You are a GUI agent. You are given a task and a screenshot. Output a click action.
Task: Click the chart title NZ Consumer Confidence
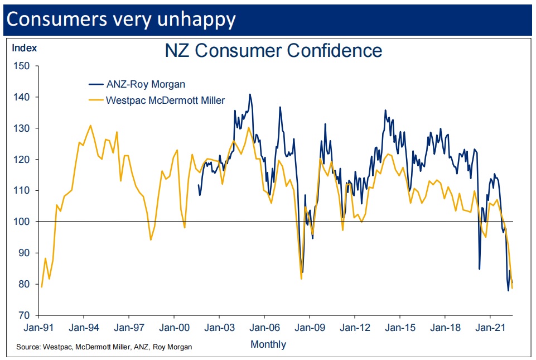click(x=273, y=51)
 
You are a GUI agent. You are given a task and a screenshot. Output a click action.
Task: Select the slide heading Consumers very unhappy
click(x=121, y=19)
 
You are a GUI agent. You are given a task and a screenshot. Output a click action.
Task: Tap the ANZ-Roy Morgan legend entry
click(x=145, y=84)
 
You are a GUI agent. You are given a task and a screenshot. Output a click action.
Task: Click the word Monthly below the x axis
click(x=268, y=344)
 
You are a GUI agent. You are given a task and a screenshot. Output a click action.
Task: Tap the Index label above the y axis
click(x=25, y=48)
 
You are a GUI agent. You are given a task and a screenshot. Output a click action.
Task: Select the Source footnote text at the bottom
click(x=104, y=347)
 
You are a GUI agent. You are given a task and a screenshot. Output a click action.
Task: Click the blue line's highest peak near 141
click(x=250, y=94)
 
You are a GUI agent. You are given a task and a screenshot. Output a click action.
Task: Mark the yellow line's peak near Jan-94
click(x=90, y=125)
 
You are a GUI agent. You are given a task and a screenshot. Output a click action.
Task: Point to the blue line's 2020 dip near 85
click(x=479, y=268)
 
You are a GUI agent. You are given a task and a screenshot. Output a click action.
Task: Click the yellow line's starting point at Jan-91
click(x=41, y=287)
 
